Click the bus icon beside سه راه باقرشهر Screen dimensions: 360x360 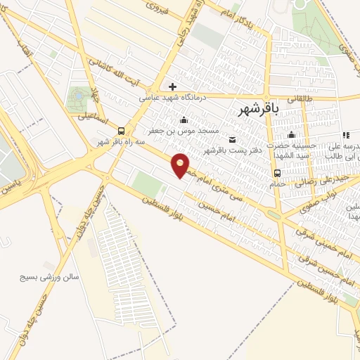122,131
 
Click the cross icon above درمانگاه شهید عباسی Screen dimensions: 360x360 172,87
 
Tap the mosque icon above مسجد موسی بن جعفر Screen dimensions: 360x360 184,120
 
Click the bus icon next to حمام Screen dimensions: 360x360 277,173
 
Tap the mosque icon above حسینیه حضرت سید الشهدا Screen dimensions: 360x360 291,135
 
